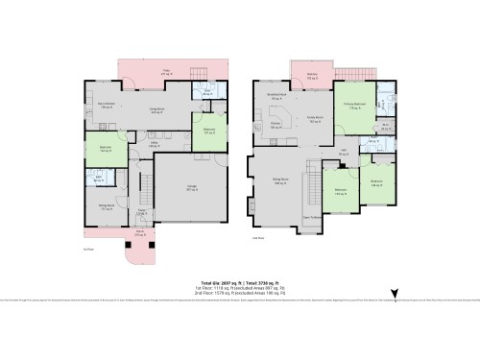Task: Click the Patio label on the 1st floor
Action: point(165,70)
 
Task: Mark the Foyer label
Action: point(141,212)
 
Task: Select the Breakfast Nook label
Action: point(276,97)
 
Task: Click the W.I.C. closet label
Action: point(384,126)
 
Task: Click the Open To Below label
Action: point(311,217)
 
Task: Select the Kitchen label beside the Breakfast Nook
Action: point(274,124)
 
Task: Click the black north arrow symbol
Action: point(391,296)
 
